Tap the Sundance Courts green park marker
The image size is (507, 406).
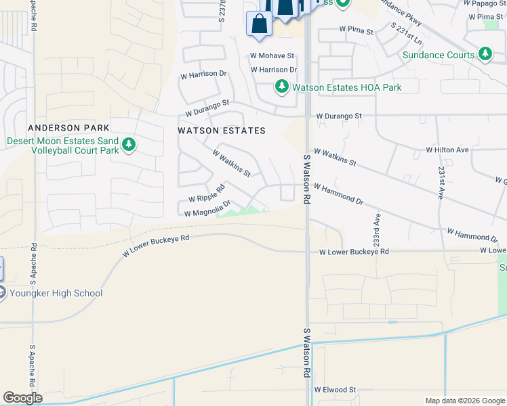click(x=485, y=54)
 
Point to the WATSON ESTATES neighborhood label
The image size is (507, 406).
click(x=221, y=130)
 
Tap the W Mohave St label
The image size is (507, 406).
click(x=272, y=55)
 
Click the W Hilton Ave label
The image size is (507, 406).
click(x=447, y=150)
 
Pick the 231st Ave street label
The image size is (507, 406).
click(x=441, y=182)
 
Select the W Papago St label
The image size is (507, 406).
click(x=483, y=3)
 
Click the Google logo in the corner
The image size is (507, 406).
click(x=22, y=397)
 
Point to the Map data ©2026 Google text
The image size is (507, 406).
click(x=464, y=401)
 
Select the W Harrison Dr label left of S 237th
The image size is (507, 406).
click(x=201, y=76)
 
